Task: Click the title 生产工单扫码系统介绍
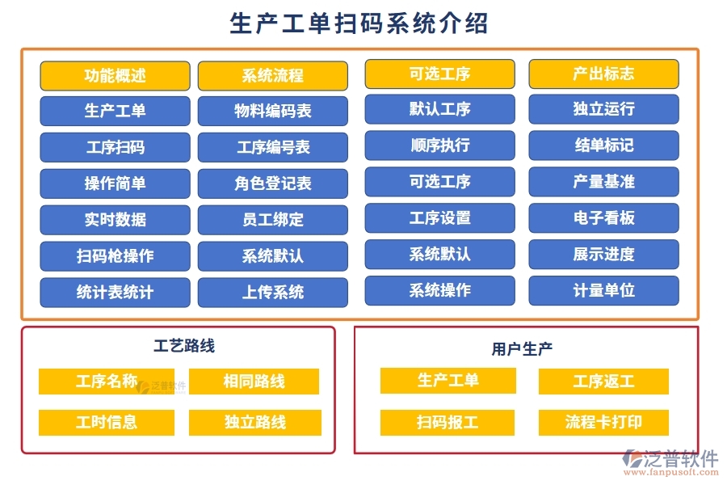click(359, 23)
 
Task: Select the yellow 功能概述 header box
click(115, 76)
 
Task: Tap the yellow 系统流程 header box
click(273, 76)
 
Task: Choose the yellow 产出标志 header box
click(603, 74)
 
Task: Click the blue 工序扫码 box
click(115, 148)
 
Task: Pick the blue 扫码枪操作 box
click(115, 256)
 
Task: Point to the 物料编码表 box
click(273, 112)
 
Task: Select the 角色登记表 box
click(273, 183)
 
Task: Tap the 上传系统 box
click(273, 292)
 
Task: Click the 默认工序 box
click(439, 109)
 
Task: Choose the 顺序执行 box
click(439, 145)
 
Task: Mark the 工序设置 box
click(439, 218)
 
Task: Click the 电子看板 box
click(603, 218)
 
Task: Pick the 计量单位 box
click(603, 290)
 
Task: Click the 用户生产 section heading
click(522, 349)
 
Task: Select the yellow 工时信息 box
click(107, 422)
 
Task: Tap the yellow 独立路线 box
click(255, 422)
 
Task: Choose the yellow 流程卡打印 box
click(603, 422)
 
